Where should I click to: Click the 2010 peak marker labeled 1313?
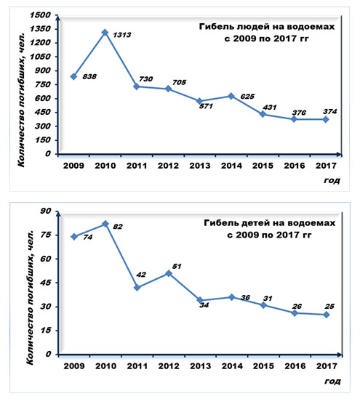[x=105, y=33]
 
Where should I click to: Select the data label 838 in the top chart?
[x=89, y=76]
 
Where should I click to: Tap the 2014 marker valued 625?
[x=231, y=97]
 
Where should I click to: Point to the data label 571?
[x=206, y=106]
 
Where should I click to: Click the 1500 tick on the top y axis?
[x=40, y=15]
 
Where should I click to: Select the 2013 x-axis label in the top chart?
[x=200, y=166]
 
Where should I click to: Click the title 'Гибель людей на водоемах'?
[x=267, y=27]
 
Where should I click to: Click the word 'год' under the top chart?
[x=332, y=180]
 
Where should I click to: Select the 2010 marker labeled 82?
[x=105, y=224]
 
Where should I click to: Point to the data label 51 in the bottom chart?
[x=177, y=266]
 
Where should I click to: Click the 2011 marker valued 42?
[x=137, y=288]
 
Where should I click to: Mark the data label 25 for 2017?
[x=329, y=307]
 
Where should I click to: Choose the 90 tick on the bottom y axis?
[x=46, y=211]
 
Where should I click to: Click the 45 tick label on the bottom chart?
[x=46, y=283]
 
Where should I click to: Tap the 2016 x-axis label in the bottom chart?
[x=295, y=366]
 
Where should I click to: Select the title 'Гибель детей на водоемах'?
[x=270, y=223]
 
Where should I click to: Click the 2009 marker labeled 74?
[x=74, y=237]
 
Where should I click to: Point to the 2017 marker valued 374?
[x=326, y=120]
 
